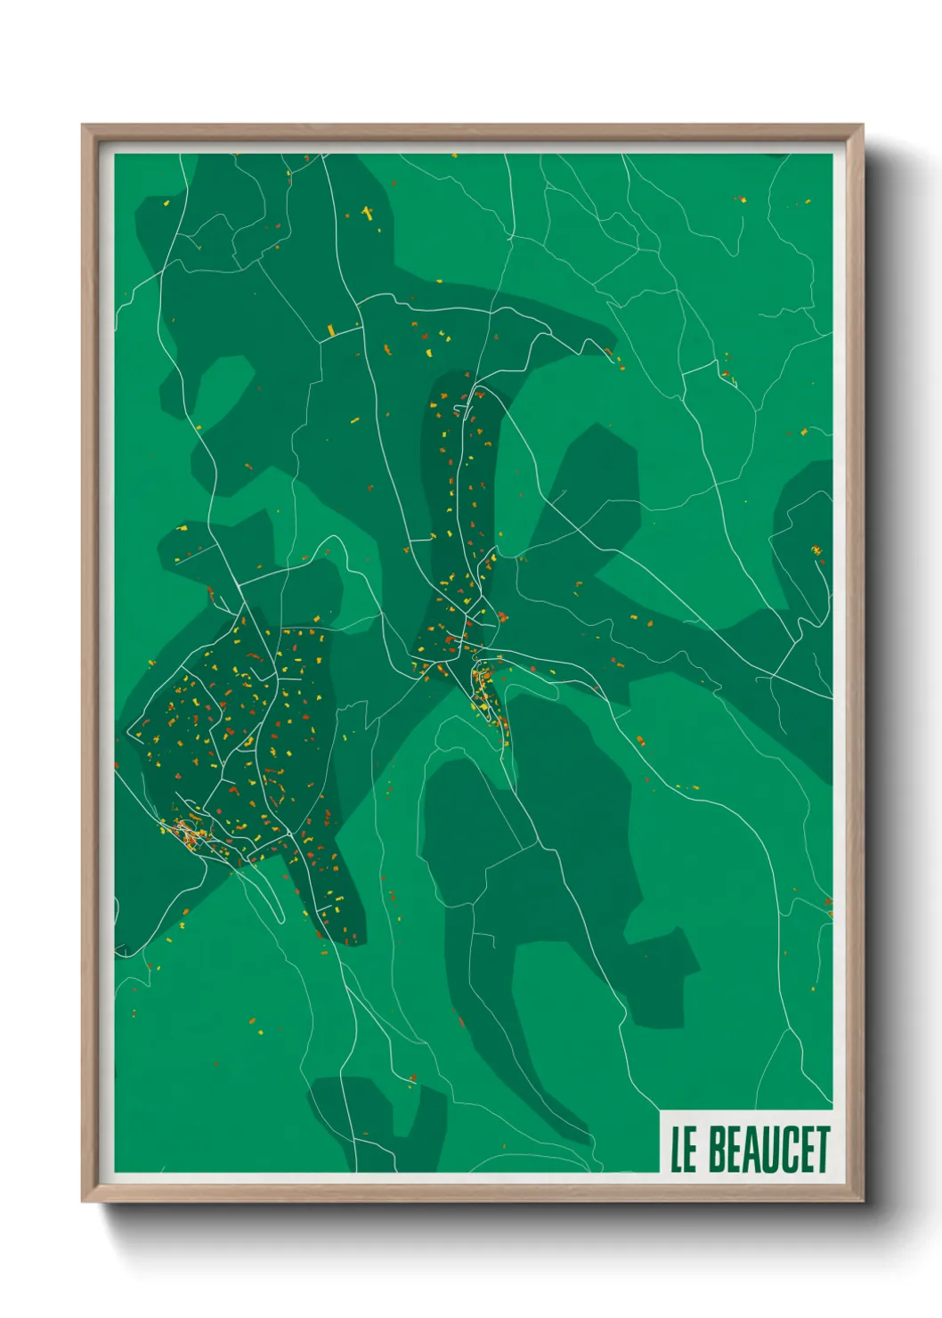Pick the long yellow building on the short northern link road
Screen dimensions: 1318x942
point(331,331)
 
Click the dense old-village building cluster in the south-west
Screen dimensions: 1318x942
point(189,834)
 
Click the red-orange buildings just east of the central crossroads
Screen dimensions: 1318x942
point(501,616)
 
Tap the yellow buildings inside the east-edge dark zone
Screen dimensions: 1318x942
point(816,550)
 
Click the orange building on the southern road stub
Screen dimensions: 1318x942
point(412,1079)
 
